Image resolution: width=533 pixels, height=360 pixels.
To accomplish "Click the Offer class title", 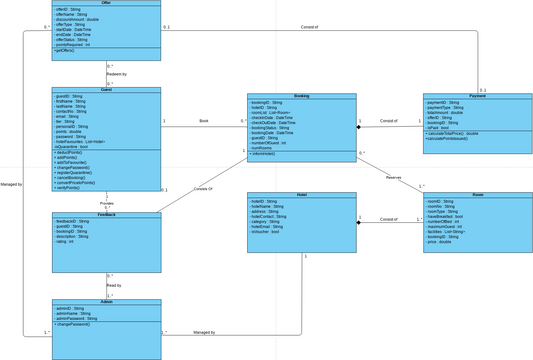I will point(106,3).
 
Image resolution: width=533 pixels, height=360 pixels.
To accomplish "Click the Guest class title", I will point(106,90).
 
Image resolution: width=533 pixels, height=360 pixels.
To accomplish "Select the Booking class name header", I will point(301,97).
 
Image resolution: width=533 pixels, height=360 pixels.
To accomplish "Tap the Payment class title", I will point(477,97).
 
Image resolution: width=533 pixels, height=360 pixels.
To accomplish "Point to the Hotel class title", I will point(301,195).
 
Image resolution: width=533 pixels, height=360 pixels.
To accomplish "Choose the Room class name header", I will point(477,195).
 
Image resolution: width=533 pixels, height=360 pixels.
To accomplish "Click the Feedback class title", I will point(106,215).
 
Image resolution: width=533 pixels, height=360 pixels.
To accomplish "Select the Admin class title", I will point(106,302).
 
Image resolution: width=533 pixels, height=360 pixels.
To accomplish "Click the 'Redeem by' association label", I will point(117,74).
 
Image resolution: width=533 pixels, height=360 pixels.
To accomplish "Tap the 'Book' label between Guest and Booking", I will point(204,121).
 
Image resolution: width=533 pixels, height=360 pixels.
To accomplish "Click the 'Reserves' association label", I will point(393,177).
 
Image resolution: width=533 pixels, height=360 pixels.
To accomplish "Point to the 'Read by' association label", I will point(114,285).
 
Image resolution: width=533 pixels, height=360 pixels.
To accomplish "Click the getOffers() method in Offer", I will point(70,50).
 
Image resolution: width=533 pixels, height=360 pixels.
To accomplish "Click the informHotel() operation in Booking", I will point(265,154).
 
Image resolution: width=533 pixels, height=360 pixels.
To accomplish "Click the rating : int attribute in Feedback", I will point(65,241).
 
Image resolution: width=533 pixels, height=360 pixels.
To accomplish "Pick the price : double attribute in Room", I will point(441,242).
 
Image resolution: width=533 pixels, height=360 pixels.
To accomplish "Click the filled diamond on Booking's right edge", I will point(360,127).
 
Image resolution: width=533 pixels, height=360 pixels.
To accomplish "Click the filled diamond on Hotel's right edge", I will point(360,222).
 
